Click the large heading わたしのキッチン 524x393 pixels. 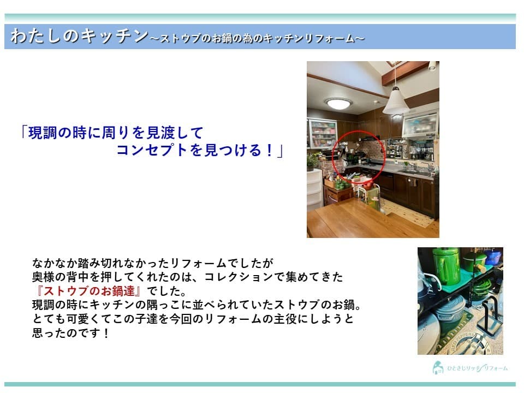pos(80,36)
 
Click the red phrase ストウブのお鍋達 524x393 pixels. pos(90,291)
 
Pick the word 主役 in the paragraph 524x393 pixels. pos(285,319)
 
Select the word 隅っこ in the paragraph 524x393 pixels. pos(164,305)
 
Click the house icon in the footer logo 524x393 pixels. pos(438,367)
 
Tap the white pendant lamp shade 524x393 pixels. pos(396,102)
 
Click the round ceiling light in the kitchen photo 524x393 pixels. pos(338,103)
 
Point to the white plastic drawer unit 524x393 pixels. pos(314,190)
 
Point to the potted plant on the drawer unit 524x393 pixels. pos(313,162)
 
